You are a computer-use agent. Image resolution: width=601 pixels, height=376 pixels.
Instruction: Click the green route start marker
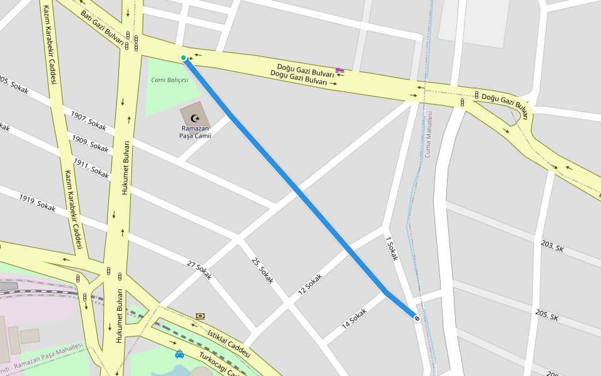tap(183, 58)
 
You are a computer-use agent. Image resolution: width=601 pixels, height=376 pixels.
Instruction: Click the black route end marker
tap(417, 318)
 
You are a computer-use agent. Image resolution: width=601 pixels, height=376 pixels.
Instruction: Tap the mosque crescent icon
tap(195, 118)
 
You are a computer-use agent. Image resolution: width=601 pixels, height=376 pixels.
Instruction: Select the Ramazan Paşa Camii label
tap(195, 132)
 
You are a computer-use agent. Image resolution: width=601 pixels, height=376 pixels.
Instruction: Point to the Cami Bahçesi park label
tap(170, 80)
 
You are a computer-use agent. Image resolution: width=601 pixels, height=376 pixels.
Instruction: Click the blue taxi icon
tap(180, 354)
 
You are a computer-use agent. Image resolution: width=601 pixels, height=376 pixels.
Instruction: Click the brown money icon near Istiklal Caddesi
tap(200, 316)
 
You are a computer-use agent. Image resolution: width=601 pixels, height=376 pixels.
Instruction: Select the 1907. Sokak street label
tap(88, 120)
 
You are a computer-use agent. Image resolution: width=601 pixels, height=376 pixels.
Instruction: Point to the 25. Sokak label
tap(263, 270)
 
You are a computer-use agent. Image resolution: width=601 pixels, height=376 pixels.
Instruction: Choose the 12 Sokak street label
tap(310, 285)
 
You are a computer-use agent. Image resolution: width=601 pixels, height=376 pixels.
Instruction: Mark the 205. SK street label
tap(547, 314)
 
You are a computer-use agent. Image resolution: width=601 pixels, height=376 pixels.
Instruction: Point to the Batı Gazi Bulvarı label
tap(101, 24)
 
